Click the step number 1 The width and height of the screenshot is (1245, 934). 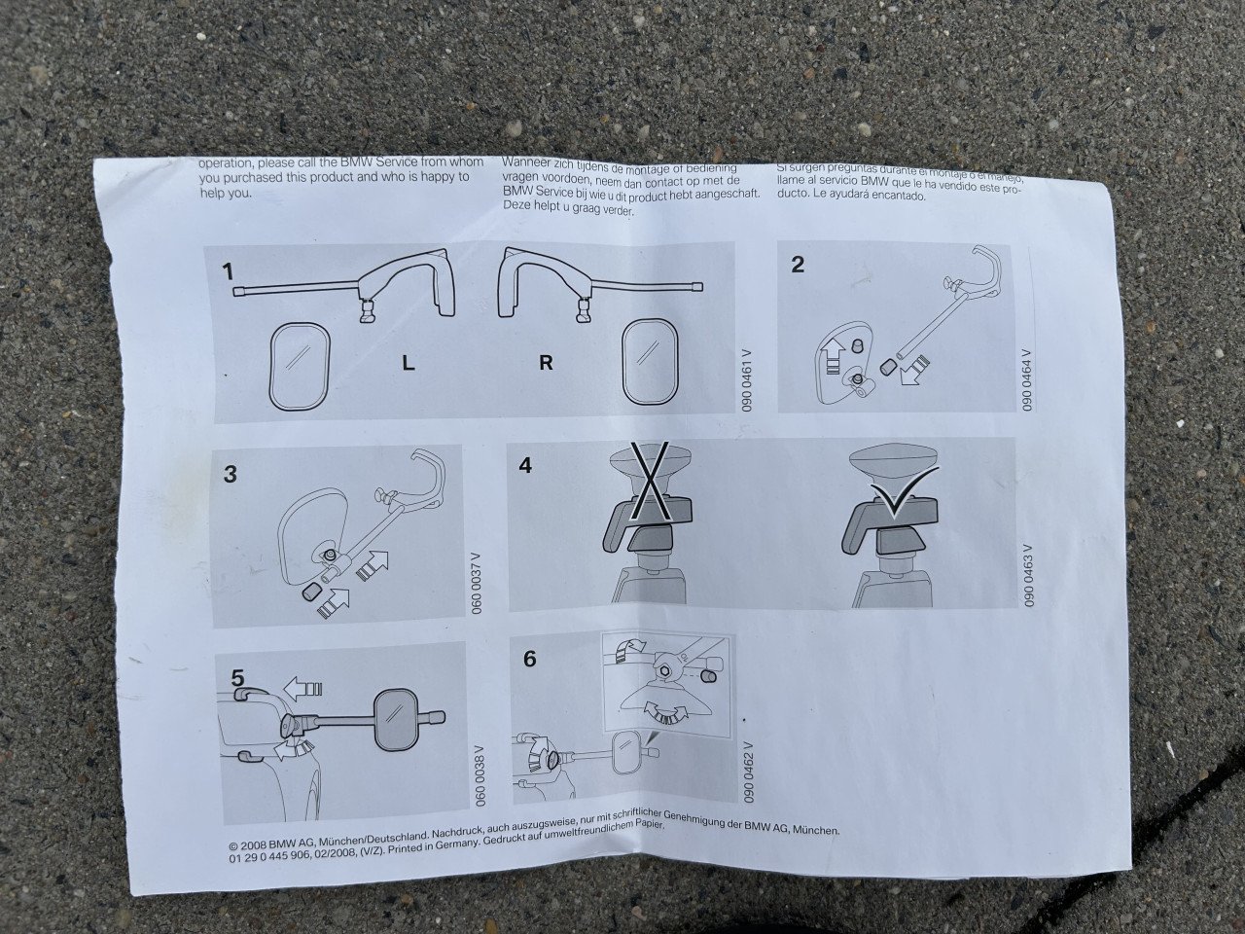click(x=229, y=269)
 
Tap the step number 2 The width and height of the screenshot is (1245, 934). click(x=798, y=264)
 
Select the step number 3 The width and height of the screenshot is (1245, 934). click(x=231, y=474)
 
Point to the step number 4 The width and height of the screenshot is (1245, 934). click(x=525, y=465)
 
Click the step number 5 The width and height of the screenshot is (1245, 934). click(x=237, y=674)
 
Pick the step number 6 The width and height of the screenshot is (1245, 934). click(x=529, y=659)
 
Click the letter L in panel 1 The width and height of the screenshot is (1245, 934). click(x=409, y=364)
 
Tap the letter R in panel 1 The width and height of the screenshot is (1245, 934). click(x=546, y=363)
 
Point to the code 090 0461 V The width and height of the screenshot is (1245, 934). click(x=747, y=379)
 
